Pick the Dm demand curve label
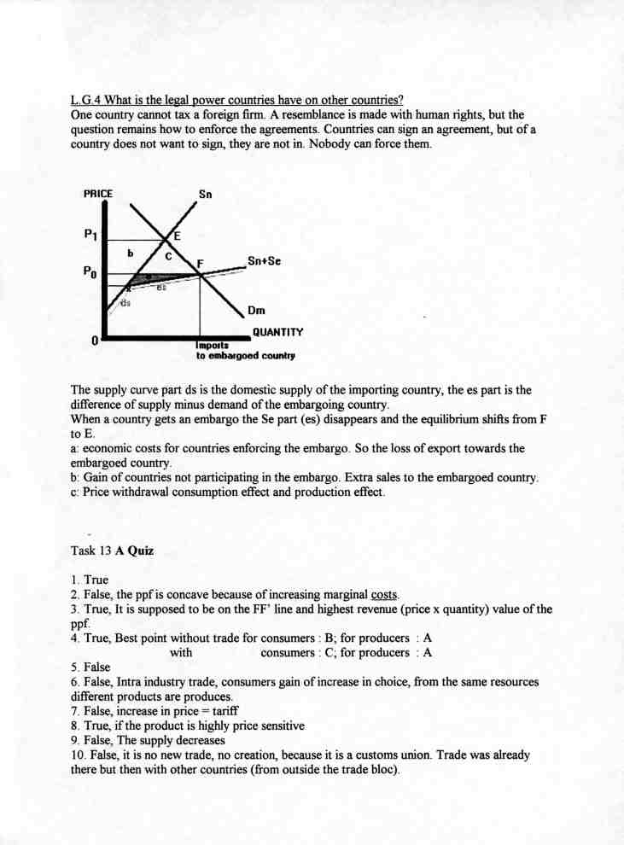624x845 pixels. pos(261,312)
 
